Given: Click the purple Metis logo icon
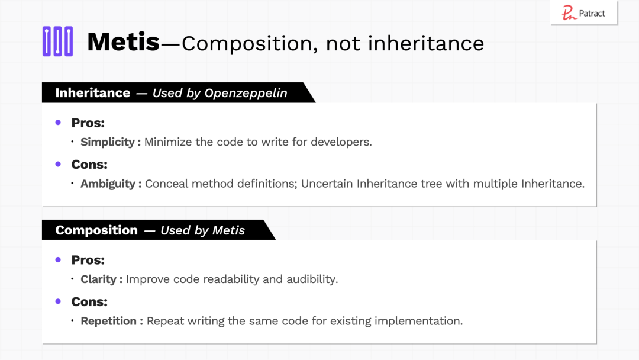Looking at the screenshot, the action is [57, 41].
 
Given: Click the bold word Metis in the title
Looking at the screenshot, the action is [123, 41].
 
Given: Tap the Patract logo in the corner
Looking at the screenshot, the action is [584, 13].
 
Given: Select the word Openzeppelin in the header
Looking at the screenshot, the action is [246, 93].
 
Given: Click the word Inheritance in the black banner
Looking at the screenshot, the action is [92, 93].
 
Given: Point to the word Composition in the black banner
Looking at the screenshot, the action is [96, 230].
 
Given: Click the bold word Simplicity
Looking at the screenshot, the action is [108, 142].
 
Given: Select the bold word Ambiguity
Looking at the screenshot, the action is [108, 184].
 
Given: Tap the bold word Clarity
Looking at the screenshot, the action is [99, 279].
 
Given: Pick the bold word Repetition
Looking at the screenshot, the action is [108, 322].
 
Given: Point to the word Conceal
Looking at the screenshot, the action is [167, 184].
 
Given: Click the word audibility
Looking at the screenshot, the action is [312, 279].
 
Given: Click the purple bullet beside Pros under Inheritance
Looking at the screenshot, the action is [58, 123].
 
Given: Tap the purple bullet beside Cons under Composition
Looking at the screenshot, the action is [58, 301].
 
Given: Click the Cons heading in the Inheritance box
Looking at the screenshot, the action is [89, 164].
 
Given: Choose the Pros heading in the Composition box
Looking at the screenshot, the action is [88, 260].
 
